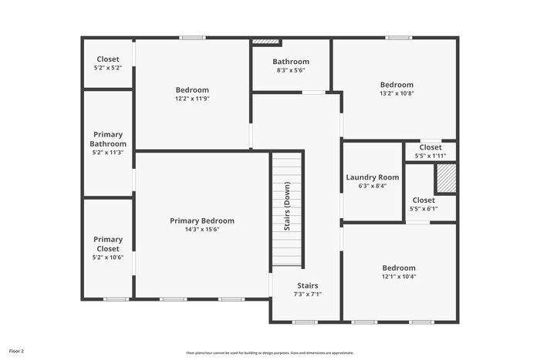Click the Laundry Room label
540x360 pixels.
coord(372,177)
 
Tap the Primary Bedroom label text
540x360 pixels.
coord(202,220)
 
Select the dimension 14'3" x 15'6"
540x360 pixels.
coord(202,230)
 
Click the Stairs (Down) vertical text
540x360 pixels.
coord(287,207)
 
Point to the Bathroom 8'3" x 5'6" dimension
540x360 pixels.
coord(291,70)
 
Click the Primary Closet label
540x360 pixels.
coord(108,244)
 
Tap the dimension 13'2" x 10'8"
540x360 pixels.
coord(397,93)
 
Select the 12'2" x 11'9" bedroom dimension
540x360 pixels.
coord(192,99)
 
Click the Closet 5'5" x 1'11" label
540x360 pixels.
coord(430,147)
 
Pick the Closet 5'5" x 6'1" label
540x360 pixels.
coord(424,200)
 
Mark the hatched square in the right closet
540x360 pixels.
coord(446,179)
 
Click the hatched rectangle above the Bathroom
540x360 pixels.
coord(265,41)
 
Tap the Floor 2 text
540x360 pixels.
coord(16,351)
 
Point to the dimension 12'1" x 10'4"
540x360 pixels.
coord(399,277)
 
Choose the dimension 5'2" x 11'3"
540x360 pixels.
coord(108,153)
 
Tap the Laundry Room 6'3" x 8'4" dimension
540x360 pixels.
coord(372,186)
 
